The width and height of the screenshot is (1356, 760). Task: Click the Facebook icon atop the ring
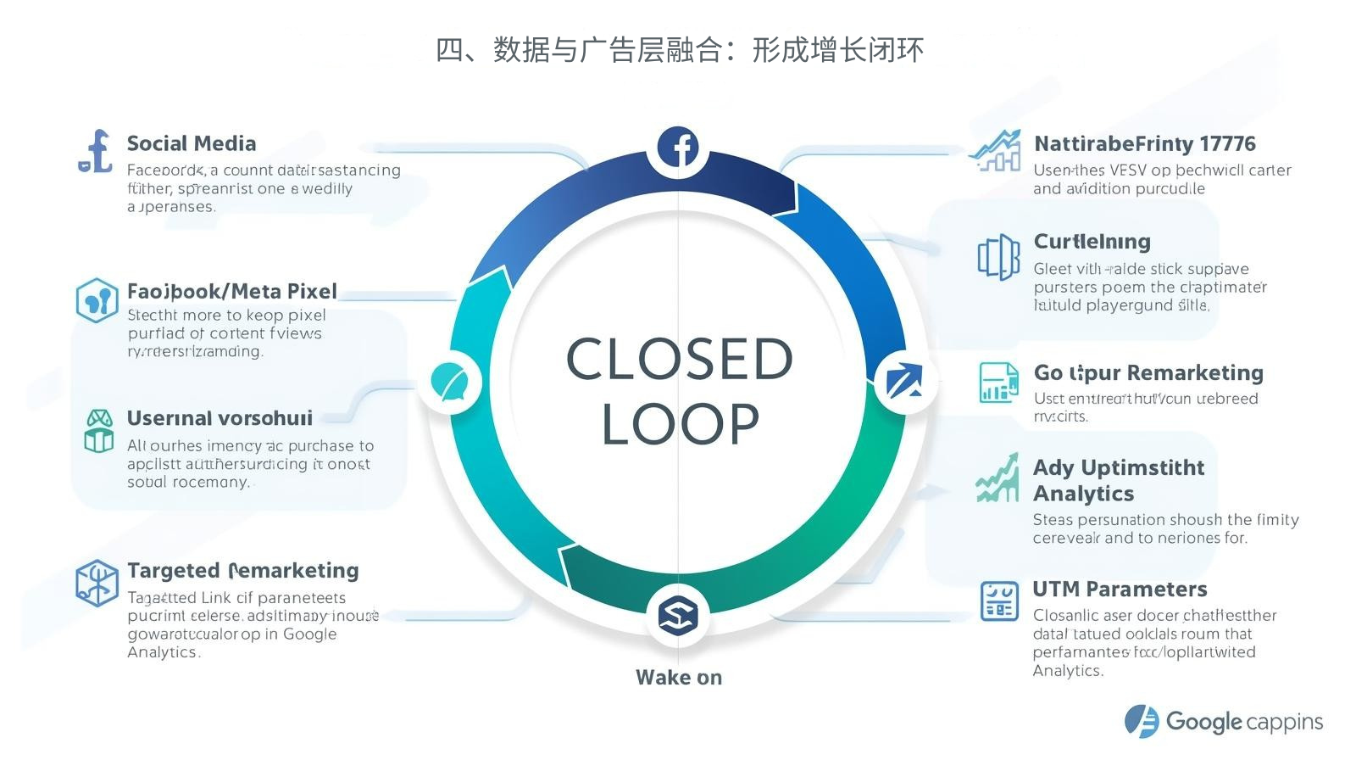click(x=679, y=148)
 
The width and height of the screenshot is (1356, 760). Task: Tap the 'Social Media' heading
click(x=192, y=143)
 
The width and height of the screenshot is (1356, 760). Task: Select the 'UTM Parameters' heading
click(x=1120, y=589)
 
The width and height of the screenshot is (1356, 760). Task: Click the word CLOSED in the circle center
click(x=679, y=359)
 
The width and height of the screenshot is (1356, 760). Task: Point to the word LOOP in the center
click(x=680, y=423)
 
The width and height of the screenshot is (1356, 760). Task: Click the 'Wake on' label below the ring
click(x=679, y=677)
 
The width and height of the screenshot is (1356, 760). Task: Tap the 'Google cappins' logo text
click(x=1243, y=722)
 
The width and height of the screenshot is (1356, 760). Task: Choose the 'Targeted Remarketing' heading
click(x=243, y=570)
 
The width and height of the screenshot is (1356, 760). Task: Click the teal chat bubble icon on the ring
click(x=449, y=381)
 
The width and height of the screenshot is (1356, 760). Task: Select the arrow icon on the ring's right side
click(x=904, y=380)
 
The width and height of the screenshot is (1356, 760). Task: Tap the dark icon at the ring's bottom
click(x=678, y=614)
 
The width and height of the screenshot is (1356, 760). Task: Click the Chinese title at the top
click(x=679, y=50)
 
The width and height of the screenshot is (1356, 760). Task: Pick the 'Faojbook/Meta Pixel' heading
click(x=232, y=291)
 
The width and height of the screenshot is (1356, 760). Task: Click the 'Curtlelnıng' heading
click(x=1092, y=242)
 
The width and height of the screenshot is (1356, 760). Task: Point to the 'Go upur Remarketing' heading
click(x=1148, y=373)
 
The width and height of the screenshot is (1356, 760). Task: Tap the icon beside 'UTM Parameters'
click(x=999, y=601)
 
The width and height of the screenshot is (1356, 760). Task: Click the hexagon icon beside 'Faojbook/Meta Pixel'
click(x=97, y=299)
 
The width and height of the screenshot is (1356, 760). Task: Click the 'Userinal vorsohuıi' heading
click(x=220, y=418)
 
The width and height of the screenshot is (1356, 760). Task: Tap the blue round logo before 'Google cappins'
click(x=1141, y=721)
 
